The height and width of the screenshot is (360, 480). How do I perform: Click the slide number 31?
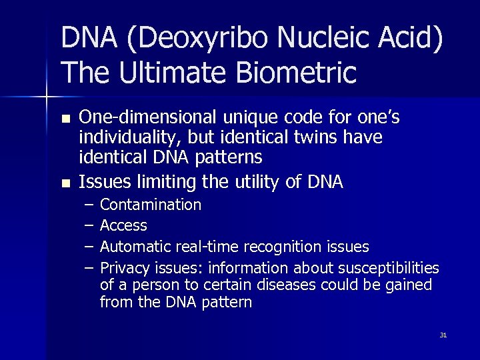[443, 335]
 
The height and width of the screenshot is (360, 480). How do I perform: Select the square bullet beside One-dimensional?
[65, 119]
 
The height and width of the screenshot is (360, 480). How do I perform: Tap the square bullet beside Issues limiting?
[65, 182]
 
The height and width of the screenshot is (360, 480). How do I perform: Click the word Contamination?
[150, 204]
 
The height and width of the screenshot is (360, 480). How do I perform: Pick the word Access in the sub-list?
[123, 225]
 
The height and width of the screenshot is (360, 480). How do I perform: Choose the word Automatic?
[135, 247]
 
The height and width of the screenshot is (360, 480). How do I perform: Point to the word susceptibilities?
[389, 268]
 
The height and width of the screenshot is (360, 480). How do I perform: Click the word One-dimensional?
[147, 118]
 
